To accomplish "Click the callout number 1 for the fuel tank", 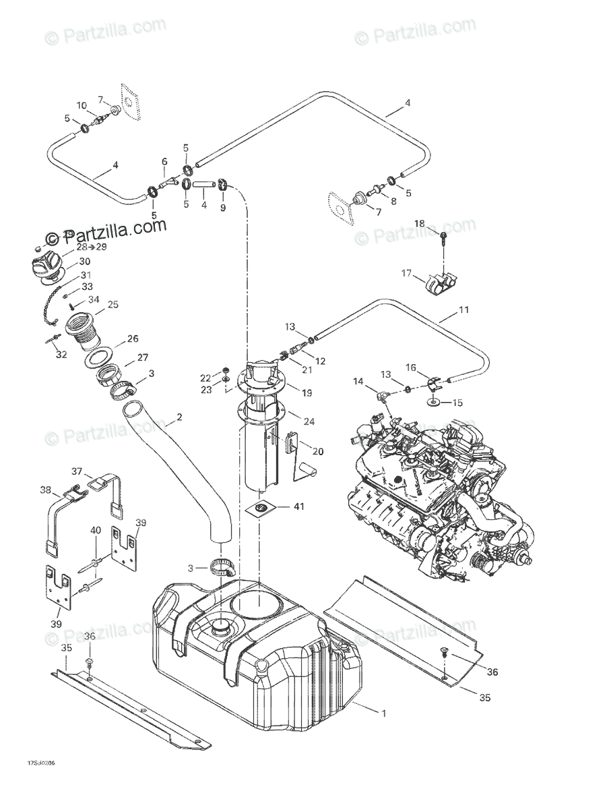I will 383,713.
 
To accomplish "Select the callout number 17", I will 406,273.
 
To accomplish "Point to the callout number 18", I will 419,223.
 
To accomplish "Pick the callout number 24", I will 309,422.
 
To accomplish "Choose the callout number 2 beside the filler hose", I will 179,419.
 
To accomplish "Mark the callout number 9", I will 223,208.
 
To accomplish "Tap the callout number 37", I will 77,471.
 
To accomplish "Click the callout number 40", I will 96,530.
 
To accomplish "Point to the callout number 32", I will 61,355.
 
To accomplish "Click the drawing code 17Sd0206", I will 41,764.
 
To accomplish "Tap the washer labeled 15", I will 434,403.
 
